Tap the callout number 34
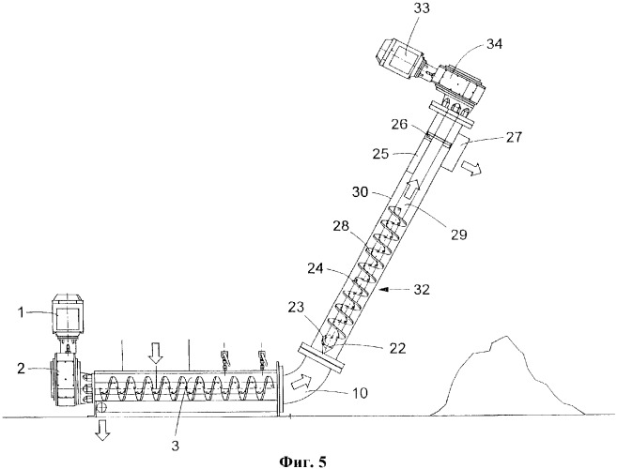[x=494, y=44]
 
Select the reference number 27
[x=515, y=138]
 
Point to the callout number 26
[x=399, y=125]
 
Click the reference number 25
[x=381, y=153]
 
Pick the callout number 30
[x=361, y=192]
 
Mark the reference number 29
[x=458, y=234]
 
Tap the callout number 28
[x=340, y=226]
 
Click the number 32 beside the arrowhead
[x=421, y=290]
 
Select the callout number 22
[x=397, y=347]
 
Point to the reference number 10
[x=359, y=393]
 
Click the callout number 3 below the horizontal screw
[x=176, y=446]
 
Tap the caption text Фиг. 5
[x=302, y=461]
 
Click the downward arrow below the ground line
[x=102, y=430]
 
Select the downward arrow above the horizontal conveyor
[x=156, y=353]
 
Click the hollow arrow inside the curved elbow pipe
[x=301, y=382]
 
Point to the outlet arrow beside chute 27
[x=471, y=167]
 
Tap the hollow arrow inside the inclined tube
[x=411, y=189]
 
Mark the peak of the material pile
[x=506, y=337]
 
